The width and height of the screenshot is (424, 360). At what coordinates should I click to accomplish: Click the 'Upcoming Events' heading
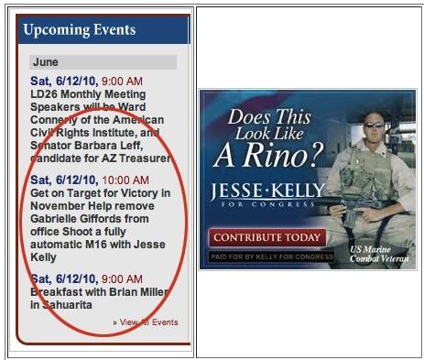(80, 30)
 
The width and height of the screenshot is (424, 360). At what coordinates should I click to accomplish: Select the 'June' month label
(46, 62)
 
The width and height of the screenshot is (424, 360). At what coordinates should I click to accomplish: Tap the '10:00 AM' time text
(125, 180)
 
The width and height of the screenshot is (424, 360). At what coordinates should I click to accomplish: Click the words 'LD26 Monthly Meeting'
(88, 94)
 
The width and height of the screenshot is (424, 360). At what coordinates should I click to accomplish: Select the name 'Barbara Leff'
(108, 146)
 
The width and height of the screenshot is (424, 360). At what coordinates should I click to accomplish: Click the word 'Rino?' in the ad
(284, 155)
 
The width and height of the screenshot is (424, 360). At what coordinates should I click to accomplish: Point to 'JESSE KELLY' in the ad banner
(267, 191)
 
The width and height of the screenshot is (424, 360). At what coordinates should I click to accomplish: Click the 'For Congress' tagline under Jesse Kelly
(267, 204)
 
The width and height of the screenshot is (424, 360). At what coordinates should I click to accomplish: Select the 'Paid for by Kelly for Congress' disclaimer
(272, 256)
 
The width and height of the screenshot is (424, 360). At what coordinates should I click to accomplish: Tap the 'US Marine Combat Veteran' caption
(379, 254)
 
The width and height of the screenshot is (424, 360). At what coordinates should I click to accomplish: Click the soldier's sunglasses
(374, 125)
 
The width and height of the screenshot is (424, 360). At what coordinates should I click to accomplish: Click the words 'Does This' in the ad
(269, 116)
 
